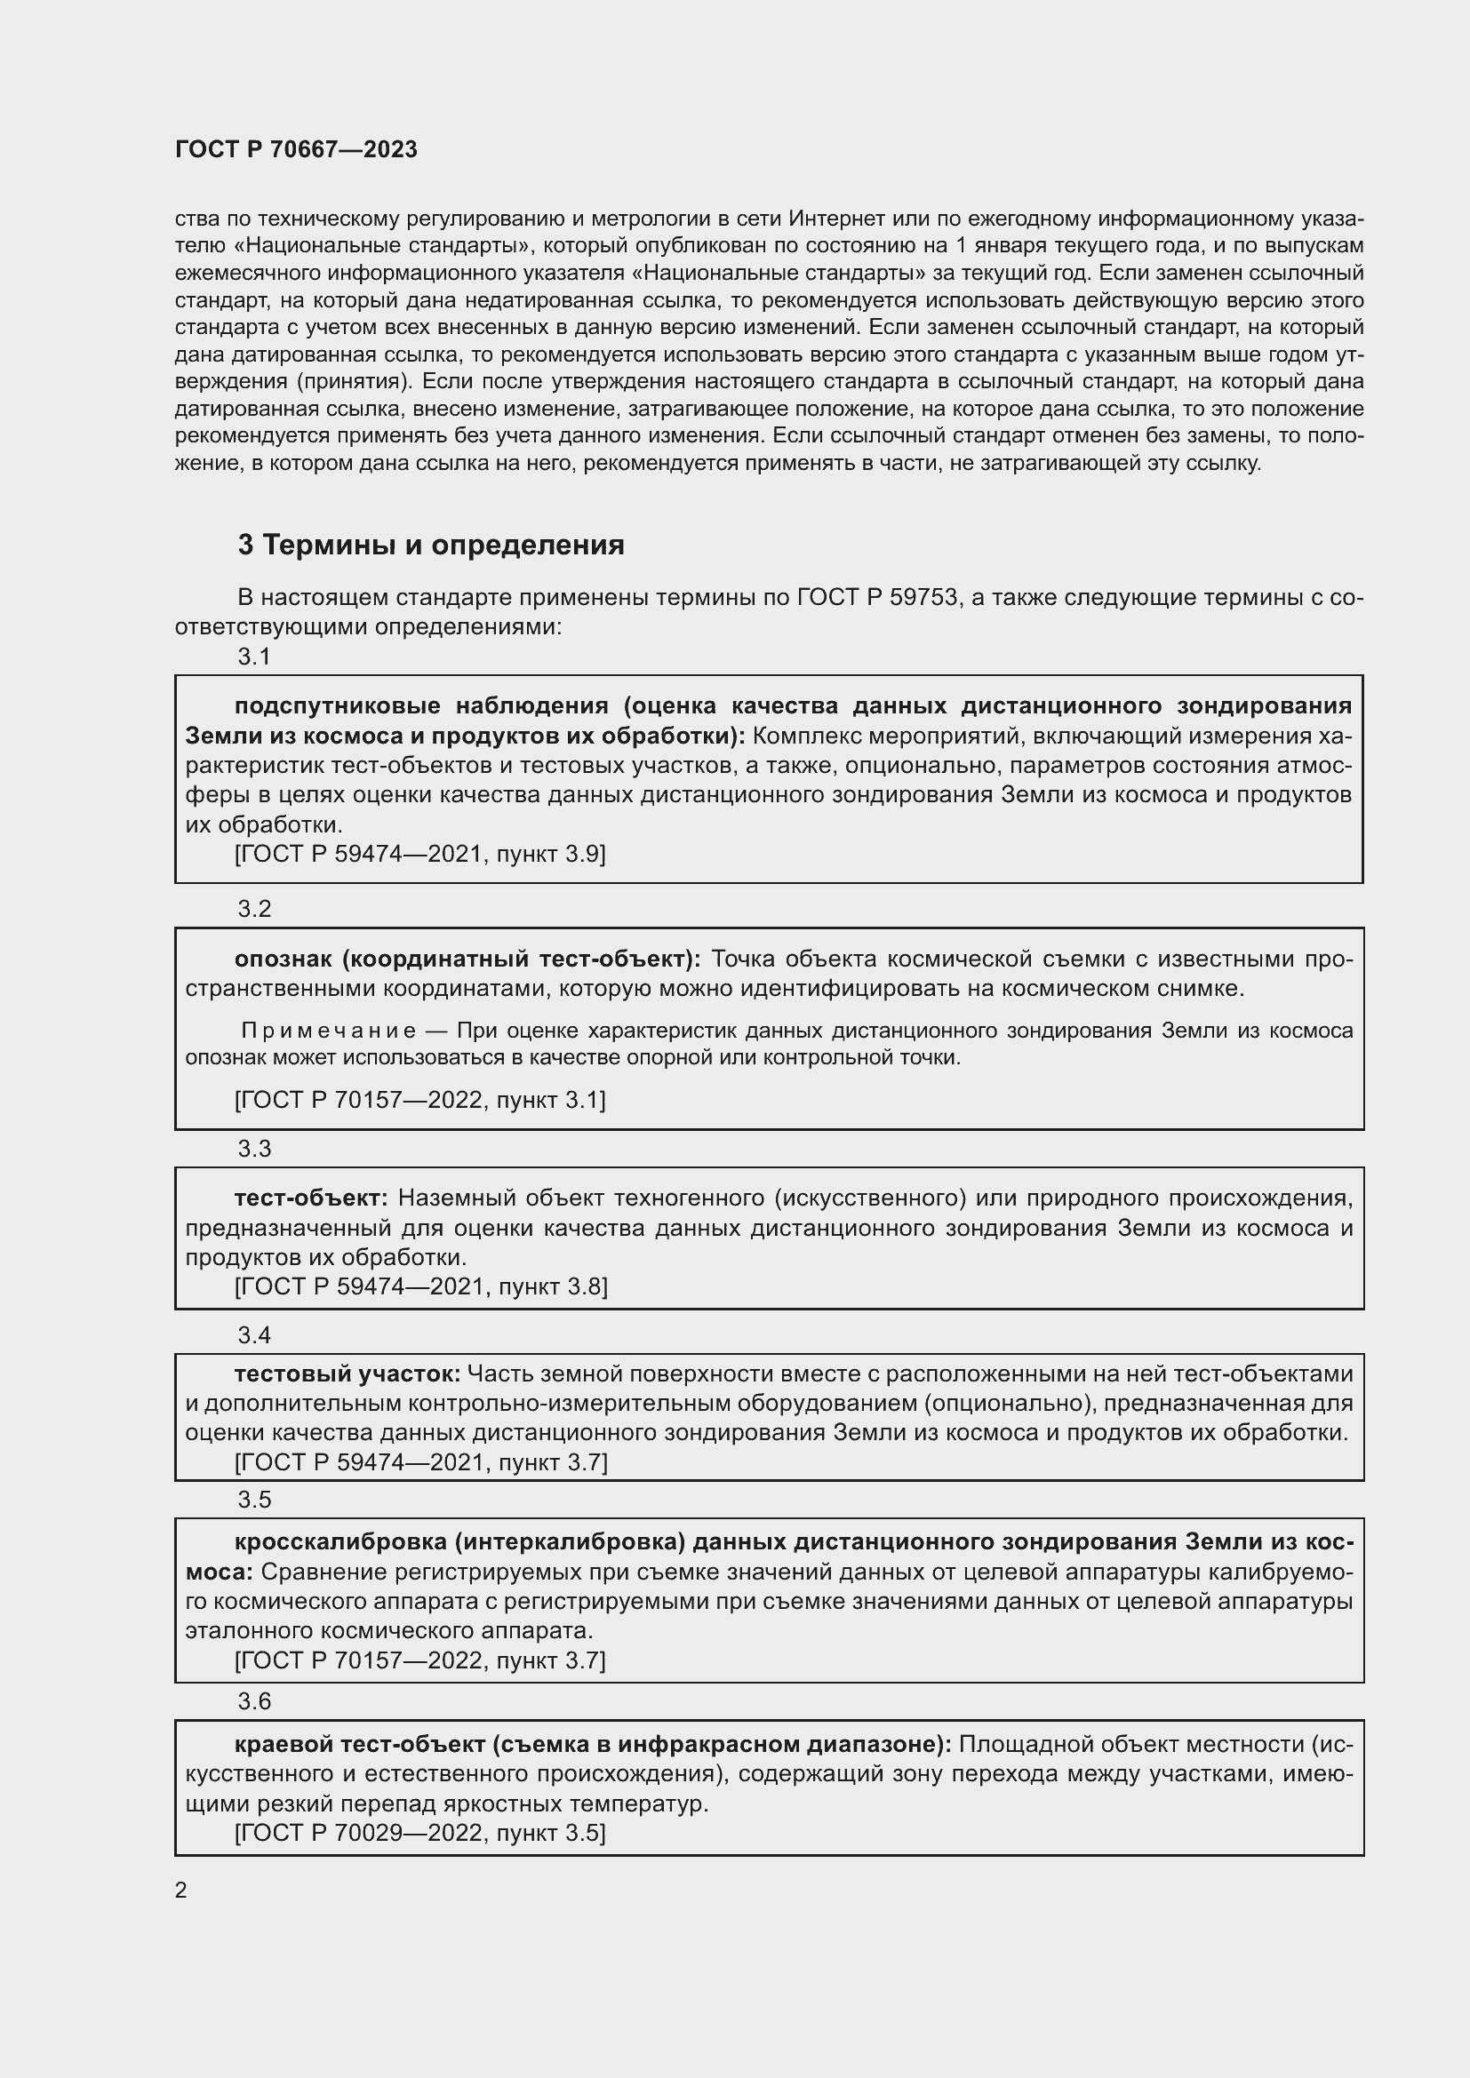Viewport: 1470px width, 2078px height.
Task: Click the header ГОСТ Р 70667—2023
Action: tap(296, 150)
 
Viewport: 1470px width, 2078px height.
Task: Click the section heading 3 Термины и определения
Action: tap(431, 545)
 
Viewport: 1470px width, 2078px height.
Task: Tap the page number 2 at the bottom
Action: tap(181, 1891)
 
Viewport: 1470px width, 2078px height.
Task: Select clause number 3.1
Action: tap(254, 657)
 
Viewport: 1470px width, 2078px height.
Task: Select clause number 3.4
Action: tap(254, 1335)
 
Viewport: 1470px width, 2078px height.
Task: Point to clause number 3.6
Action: tap(254, 1701)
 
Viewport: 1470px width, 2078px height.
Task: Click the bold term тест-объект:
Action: tap(310, 1198)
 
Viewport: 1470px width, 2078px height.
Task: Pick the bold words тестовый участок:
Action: tap(348, 1373)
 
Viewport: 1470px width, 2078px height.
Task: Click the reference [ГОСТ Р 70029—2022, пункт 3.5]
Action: tap(420, 1833)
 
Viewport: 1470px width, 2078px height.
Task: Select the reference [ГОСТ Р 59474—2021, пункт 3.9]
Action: tap(420, 854)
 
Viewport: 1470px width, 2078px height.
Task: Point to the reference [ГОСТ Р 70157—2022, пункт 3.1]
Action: tap(420, 1100)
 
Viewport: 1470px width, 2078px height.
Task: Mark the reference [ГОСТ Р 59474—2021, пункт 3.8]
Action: tap(421, 1286)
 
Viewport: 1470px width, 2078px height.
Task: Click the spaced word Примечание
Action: tap(329, 1031)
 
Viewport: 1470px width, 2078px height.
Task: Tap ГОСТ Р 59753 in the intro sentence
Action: tap(877, 597)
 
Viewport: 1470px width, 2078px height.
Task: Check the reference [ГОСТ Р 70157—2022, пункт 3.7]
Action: tap(420, 1660)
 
